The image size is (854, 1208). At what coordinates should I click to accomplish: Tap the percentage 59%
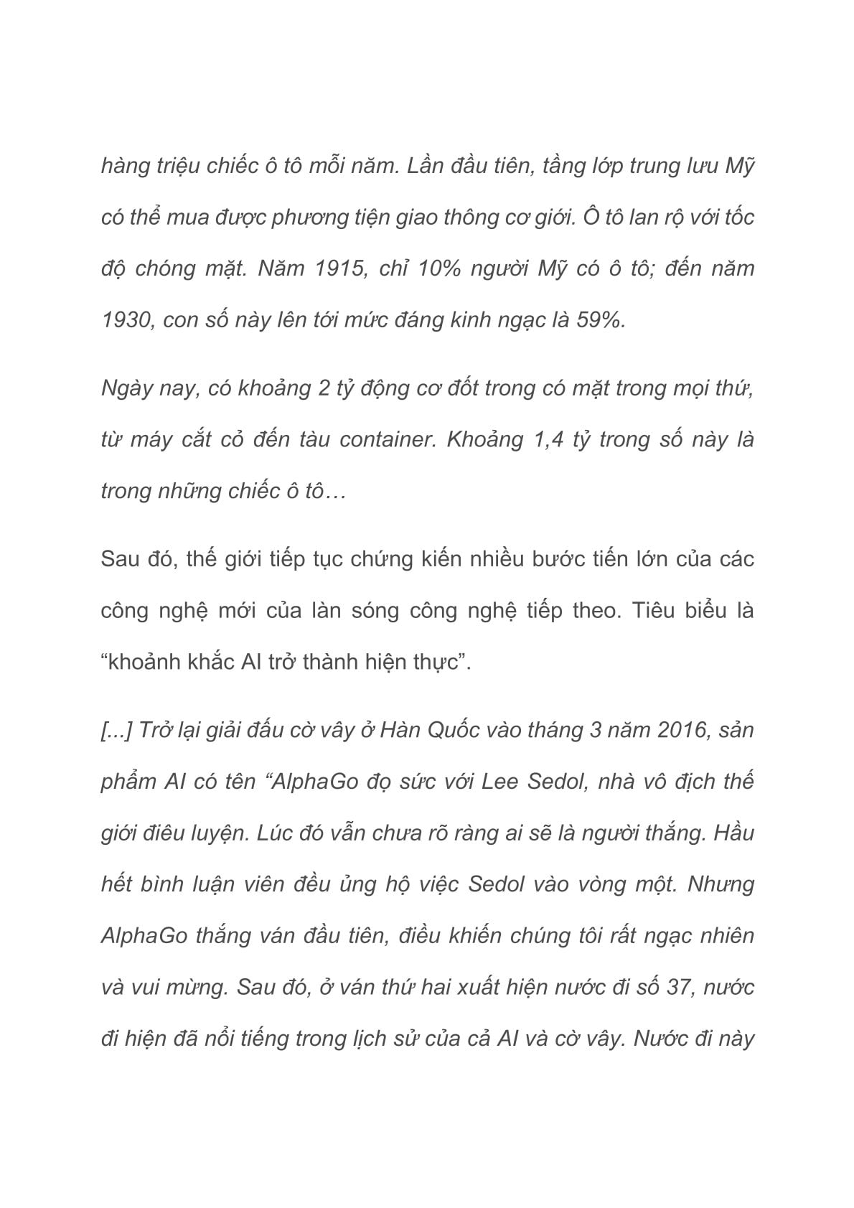point(601,320)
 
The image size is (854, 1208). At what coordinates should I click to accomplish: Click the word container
point(388,439)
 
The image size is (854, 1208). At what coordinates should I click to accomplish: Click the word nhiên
point(725,936)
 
